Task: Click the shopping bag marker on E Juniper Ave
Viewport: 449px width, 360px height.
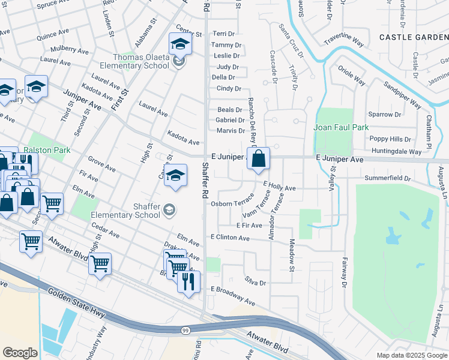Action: (258, 160)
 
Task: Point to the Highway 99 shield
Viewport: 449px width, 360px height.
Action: (186, 331)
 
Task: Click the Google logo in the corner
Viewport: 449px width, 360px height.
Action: (20, 352)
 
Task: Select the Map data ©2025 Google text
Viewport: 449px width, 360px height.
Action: (412, 355)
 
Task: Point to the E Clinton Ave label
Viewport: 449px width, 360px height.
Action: (229, 238)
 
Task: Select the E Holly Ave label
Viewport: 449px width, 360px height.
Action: (279, 188)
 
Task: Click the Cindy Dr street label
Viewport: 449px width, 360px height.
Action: (228, 88)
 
